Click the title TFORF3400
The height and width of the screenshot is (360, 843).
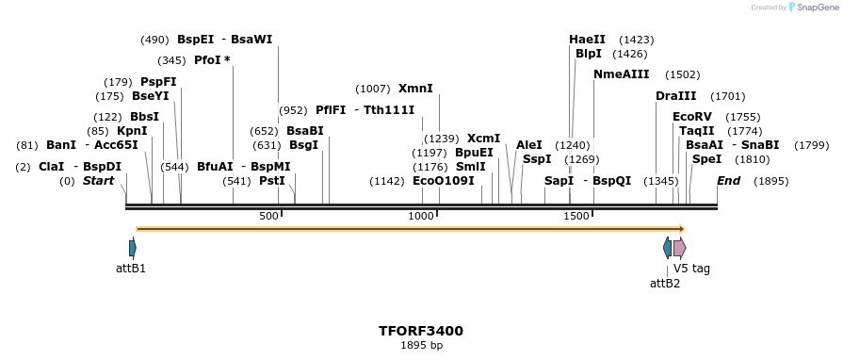pos(420,332)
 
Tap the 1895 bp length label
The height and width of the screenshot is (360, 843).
pos(420,346)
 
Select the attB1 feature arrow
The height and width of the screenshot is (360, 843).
pos(133,248)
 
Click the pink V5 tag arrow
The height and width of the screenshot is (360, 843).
pos(679,248)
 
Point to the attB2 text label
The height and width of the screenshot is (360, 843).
pos(665,283)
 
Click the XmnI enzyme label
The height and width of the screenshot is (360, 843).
pos(415,89)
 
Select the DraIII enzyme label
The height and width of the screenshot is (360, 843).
pos(676,96)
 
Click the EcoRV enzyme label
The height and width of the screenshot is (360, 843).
pos(692,117)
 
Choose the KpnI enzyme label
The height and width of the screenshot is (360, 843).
pos(131,131)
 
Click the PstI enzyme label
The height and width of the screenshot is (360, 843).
pos(271,181)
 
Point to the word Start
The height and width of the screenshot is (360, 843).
pos(99,181)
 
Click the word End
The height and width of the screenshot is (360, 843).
pos(729,181)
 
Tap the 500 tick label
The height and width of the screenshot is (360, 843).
pos(268,217)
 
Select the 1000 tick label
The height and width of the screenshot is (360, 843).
pos(421,217)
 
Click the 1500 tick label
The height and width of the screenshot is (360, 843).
pos(576,217)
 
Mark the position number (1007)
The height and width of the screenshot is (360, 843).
pos(372,89)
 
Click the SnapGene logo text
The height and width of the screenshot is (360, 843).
pos(813,8)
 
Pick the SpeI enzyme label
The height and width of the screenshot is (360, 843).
pos(706,159)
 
